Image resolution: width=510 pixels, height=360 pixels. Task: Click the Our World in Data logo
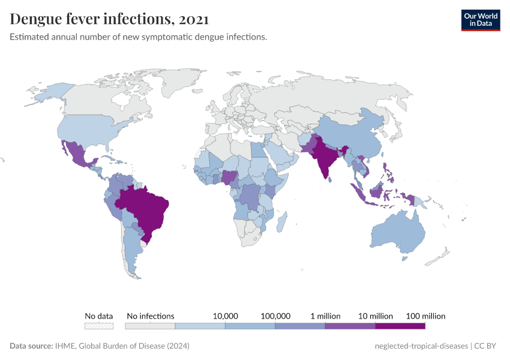(x=480, y=20)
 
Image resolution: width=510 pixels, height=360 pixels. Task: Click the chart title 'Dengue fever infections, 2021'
(x=109, y=19)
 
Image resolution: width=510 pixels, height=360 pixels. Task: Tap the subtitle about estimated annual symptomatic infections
(x=138, y=37)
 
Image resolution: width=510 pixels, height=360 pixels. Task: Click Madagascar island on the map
(x=280, y=221)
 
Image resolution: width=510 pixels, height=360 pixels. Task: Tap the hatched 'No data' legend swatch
(x=99, y=326)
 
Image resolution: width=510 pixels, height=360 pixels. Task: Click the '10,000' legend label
(x=226, y=316)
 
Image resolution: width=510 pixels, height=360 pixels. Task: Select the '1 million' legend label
(x=325, y=316)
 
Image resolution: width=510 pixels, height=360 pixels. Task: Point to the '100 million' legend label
(x=425, y=316)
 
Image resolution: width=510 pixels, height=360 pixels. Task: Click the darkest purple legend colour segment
(x=400, y=326)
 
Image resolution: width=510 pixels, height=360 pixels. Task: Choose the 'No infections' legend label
(x=151, y=316)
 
